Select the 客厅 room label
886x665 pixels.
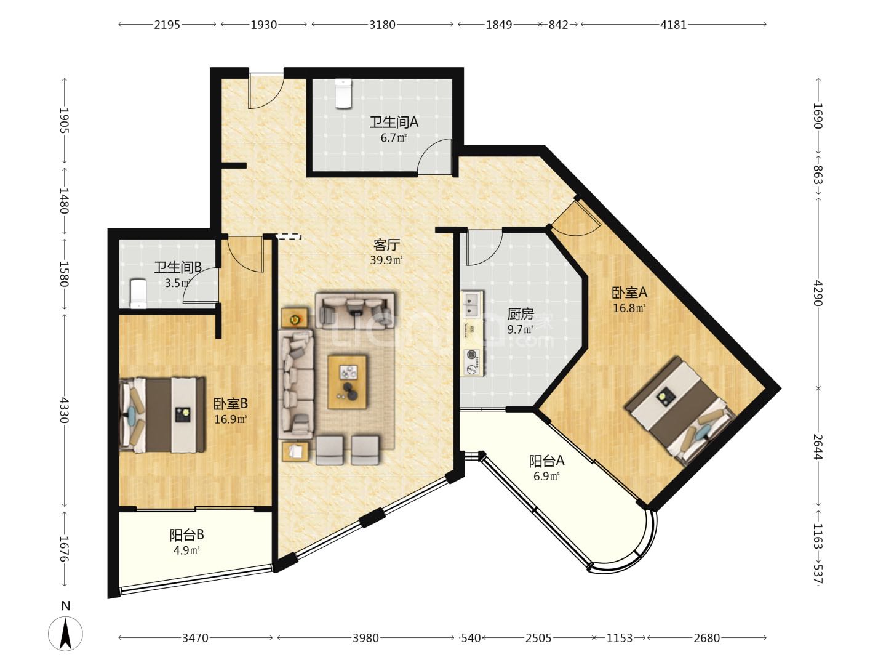[x=386, y=244]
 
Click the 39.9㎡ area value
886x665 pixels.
[x=386, y=260]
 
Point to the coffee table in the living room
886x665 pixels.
[x=347, y=382]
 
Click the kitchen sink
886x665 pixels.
[x=472, y=304]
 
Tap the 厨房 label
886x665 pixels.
[x=521, y=314]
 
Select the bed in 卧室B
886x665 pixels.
[x=162, y=414]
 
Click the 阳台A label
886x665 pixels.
[x=546, y=461]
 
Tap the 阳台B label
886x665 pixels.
[x=186, y=535]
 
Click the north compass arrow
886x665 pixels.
[x=65, y=634]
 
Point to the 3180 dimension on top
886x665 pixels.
[x=382, y=25]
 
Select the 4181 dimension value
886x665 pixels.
[x=673, y=25]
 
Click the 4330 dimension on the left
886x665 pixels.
[x=65, y=410]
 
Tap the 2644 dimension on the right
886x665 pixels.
[x=818, y=446]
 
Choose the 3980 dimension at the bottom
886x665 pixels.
[x=365, y=638]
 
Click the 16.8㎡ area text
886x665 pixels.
[x=629, y=308]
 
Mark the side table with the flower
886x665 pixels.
[x=295, y=318]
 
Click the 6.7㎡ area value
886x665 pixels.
[x=394, y=138]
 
